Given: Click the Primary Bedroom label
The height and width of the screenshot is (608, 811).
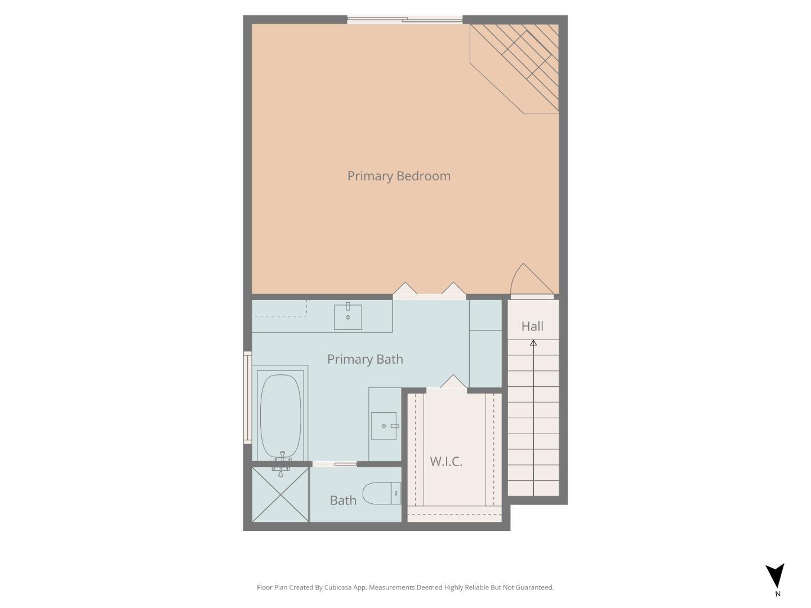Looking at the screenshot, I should (x=399, y=176).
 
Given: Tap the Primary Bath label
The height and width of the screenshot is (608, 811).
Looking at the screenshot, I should (x=365, y=359).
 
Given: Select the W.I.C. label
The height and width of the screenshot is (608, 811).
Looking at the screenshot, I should (x=446, y=462).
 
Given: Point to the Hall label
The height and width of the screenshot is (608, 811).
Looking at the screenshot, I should (x=532, y=327).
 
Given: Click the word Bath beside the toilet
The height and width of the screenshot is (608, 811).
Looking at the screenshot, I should (x=343, y=500).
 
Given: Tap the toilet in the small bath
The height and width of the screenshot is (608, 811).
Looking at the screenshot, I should (x=381, y=494).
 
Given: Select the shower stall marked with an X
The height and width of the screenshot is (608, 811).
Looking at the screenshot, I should (x=280, y=494).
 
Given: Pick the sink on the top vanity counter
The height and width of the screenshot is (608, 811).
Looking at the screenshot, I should (x=348, y=317).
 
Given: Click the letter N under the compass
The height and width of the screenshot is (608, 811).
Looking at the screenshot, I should (x=778, y=593).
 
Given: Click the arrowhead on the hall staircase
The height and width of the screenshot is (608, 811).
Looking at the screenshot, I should (x=533, y=342).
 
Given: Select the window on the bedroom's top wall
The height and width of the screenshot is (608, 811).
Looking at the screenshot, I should (x=405, y=20).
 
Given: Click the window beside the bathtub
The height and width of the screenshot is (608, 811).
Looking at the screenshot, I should (x=247, y=397).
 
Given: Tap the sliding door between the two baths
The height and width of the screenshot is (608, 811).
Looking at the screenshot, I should (x=335, y=464).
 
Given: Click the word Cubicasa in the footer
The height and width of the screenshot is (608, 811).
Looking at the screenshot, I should (x=338, y=587).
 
